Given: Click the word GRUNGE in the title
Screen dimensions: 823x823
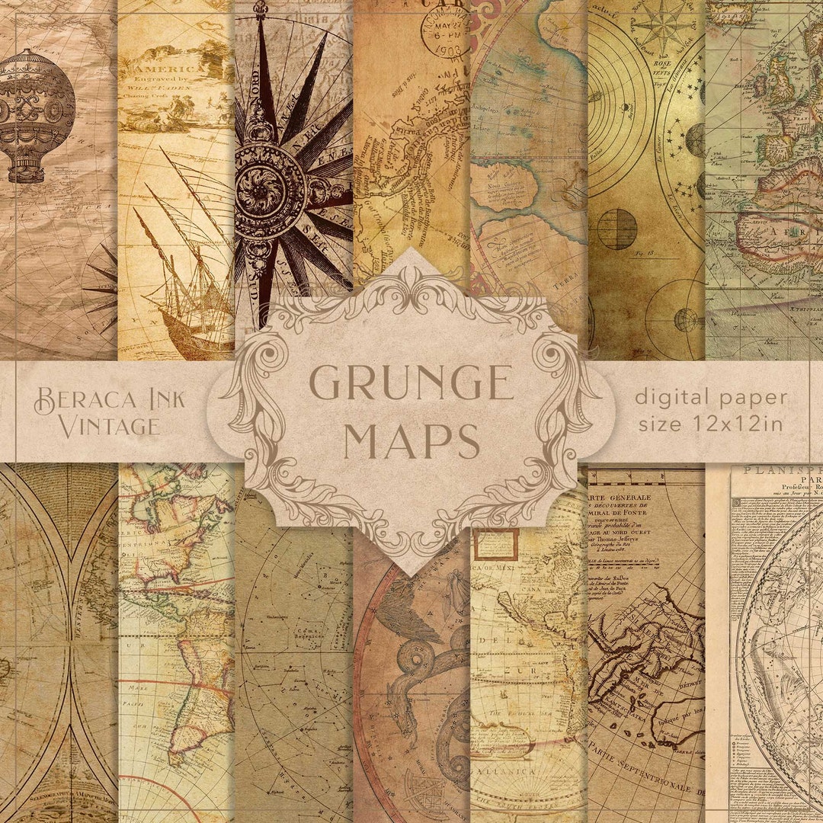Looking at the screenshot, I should pyautogui.click(x=411, y=383).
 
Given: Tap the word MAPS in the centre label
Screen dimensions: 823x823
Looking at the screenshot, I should pyautogui.click(x=411, y=440).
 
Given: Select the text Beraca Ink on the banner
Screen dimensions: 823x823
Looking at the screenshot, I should pyautogui.click(x=110, y=399).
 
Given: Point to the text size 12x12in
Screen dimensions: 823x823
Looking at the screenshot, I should pyautogui.click(x=709, y=424).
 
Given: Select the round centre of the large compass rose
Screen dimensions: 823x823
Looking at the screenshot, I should pyautogui.click(x=271, y=185).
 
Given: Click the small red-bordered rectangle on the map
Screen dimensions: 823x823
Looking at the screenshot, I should pyautogui.click(x=495, y=545).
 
